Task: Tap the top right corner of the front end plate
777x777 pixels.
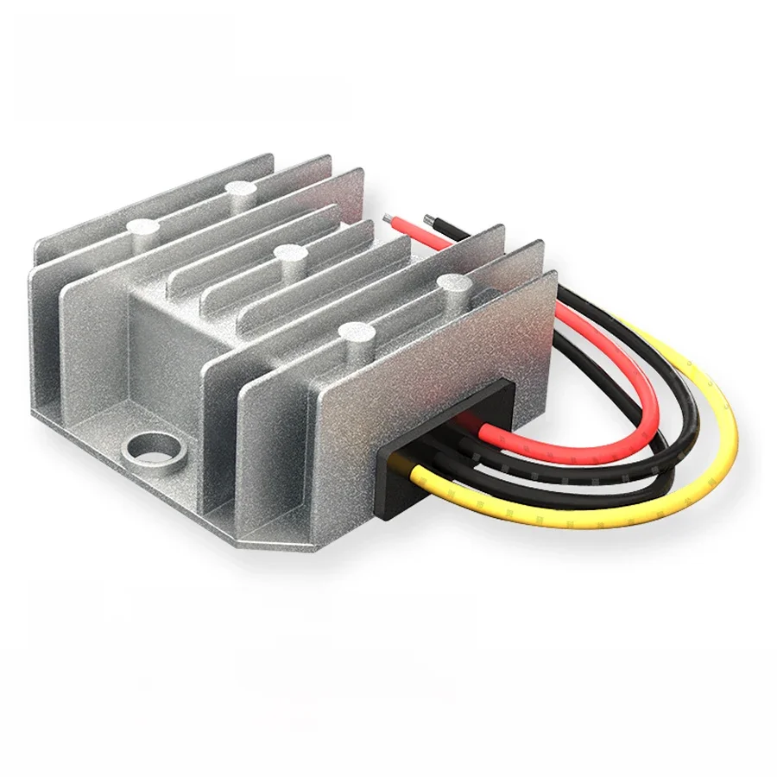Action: (x=553, y=275)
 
